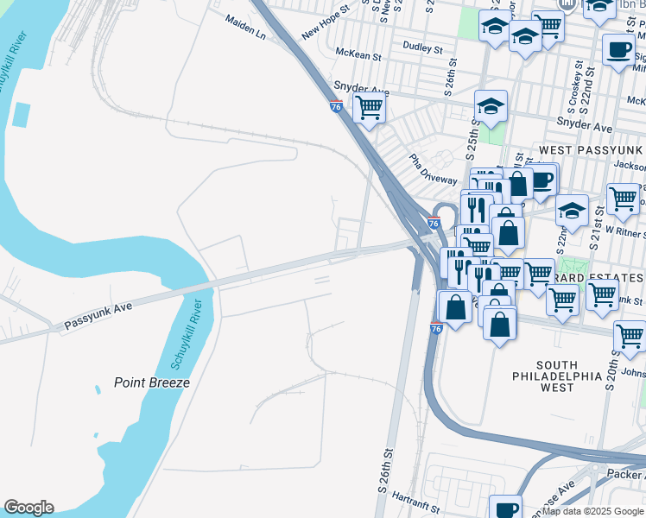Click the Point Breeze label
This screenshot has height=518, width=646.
point(151,382)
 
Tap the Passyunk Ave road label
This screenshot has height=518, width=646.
point(98,317)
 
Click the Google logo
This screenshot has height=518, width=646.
point(28,508)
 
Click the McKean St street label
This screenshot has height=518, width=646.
point(358,56)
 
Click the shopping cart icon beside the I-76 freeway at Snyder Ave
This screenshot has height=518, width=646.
point(370,109)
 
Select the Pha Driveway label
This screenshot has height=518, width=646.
point(433,170)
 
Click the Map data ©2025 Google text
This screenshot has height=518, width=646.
point(592,511)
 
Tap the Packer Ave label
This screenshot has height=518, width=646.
point(625,473)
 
